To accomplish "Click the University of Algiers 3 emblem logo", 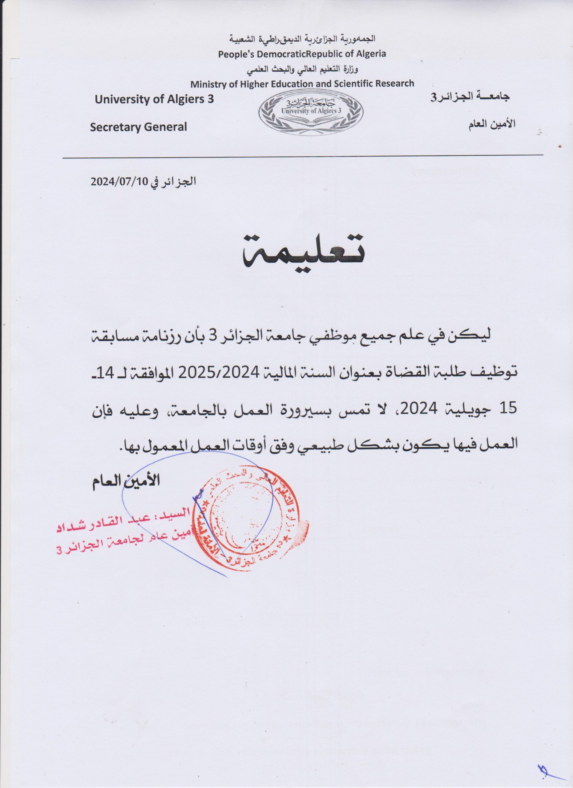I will pyautogui.click(x=311, y=111).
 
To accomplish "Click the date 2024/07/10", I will pyautogui.click(x=119, y=182).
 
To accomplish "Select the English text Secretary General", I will pyautogui.click(x=138, y=127).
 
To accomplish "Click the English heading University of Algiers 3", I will pyautogui.click(x=154, y=100).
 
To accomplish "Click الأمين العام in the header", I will pyautogui.click(x=492, y=124).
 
